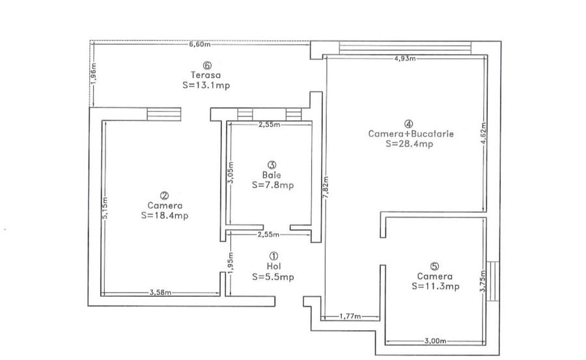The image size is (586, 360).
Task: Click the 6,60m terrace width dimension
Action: point(200,44)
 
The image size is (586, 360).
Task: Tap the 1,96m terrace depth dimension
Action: point(93,74)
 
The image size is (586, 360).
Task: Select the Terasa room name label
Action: point(206,75)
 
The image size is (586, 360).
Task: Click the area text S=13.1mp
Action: point(206,85)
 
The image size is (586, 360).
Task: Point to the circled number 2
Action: point(165,195)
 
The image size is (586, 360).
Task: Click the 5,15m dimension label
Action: point(104,208)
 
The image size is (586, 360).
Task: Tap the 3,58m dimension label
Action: point(161,292)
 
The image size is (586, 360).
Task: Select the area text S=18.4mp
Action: point(165,215)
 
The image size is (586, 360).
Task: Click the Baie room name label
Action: point(272,175)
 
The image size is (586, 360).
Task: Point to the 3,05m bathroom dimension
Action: point(230,173)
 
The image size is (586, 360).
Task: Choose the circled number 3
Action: point(272,165)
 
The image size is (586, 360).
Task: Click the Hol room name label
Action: point(274,266)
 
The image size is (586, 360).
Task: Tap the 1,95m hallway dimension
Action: point(230,263)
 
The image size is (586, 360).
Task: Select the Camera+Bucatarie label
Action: point(411,134)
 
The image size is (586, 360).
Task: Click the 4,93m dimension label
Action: point(405,59)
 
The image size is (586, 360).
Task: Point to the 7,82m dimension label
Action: point(326,187)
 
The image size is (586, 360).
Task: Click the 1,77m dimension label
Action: point(350,316)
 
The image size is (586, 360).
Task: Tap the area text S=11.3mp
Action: point(436,286)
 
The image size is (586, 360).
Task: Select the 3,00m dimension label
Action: point(436,341)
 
